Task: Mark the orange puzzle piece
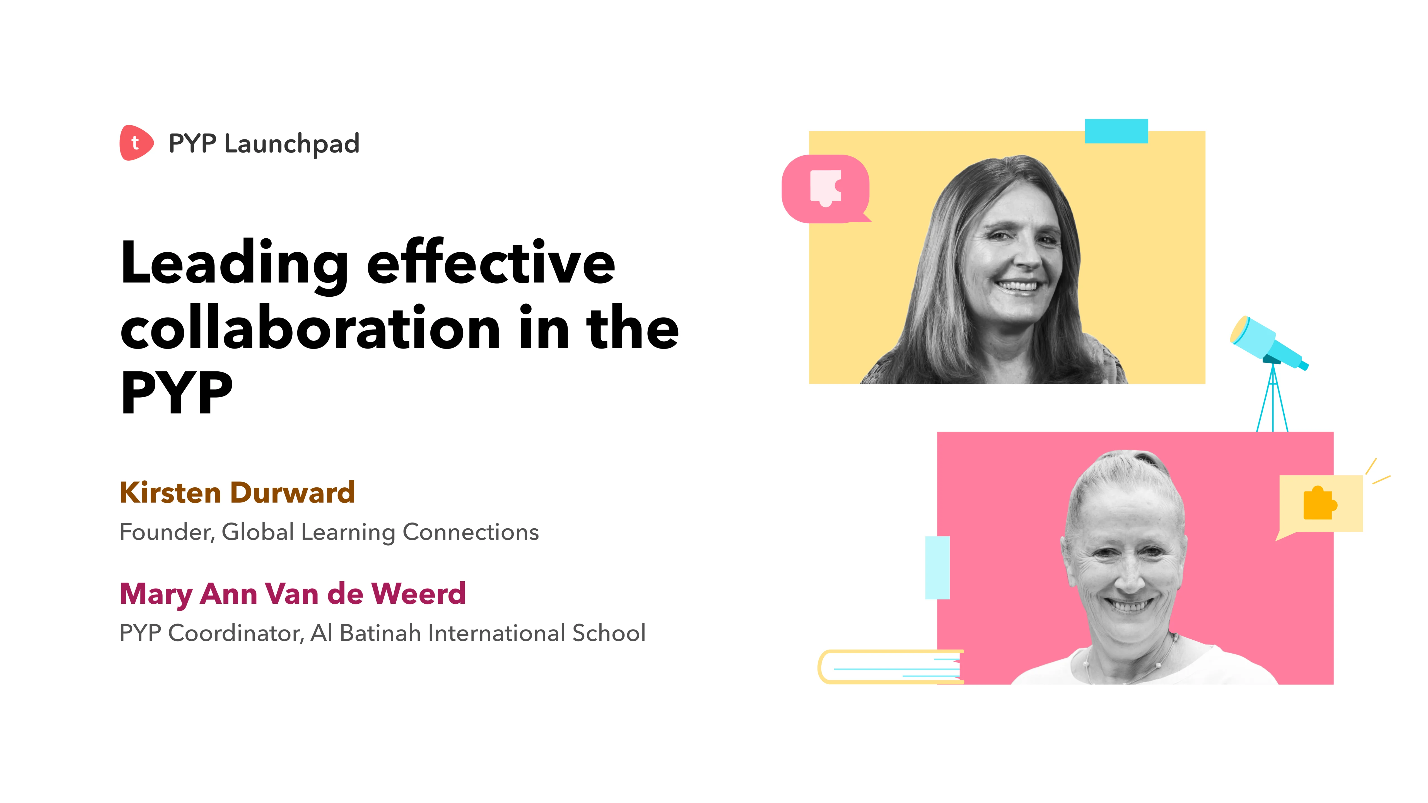[1319, 503]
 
